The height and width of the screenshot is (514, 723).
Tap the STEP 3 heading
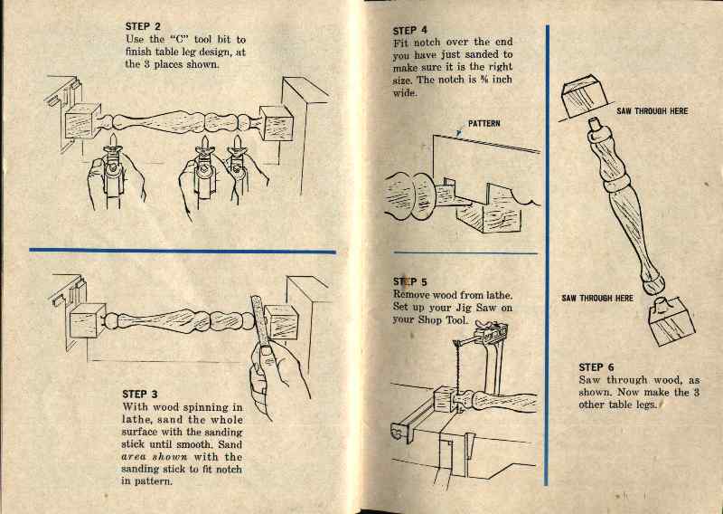pyautogui.click(x=140, y=394)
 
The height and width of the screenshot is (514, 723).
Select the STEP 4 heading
pyautogui.click(x=412, y=30)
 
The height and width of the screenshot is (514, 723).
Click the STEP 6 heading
pyautogui.click(x=596, y=367)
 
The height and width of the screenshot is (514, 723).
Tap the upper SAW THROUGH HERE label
pyautogui.click(x=653, y=111)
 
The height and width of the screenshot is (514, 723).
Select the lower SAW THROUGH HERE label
pyautogui.click(x=597, y=298)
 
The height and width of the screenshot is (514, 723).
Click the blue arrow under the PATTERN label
pyautogui.click(x=460, y=133)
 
